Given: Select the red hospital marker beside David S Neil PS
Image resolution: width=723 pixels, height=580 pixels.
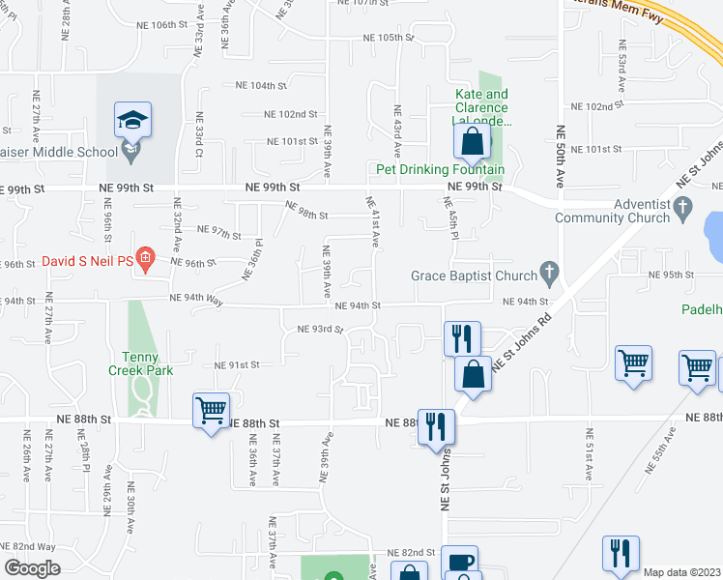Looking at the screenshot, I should point(145,257).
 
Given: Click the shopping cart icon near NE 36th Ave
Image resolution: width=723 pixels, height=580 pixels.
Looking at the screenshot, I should point(211,410).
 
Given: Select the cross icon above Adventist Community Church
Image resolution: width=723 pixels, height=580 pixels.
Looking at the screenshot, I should point(682,207).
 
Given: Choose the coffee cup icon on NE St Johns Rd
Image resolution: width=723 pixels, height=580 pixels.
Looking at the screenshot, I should point(459,562).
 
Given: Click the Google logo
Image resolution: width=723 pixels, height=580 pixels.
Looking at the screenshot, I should point(32,568).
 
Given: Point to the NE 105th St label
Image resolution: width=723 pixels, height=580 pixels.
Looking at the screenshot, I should point(388,38).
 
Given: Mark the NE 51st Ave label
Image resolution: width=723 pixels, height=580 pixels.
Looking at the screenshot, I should point(588,454).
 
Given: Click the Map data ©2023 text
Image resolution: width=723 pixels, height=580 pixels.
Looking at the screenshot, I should point(681,572).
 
